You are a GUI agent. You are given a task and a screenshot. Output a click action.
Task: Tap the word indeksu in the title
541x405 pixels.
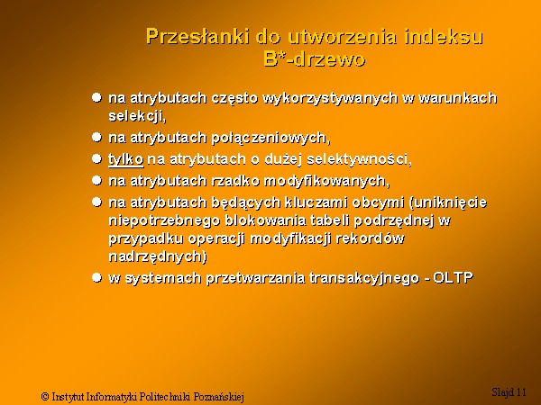444,36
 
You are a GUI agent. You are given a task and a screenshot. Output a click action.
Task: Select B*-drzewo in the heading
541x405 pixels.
315,58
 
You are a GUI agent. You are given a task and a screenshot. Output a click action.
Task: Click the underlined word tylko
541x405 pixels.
126,159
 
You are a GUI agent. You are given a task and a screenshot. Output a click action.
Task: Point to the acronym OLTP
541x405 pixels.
453,277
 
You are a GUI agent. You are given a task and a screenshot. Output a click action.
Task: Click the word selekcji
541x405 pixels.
137,116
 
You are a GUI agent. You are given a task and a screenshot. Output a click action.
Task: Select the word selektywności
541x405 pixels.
359,159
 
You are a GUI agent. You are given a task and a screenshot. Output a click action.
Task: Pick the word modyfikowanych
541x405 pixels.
327,181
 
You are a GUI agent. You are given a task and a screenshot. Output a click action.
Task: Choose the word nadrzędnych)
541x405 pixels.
158,256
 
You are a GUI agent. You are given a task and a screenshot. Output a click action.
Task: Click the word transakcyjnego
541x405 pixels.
364,277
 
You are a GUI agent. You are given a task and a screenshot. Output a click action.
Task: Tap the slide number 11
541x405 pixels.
521,391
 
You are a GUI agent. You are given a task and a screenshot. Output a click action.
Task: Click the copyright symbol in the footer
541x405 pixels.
45,396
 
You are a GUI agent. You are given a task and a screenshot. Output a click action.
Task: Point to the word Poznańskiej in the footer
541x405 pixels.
219,397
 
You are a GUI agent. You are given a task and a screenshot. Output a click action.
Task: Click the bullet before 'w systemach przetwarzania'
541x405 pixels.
97,277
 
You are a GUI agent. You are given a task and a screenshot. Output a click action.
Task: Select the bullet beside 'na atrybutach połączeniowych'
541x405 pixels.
97,138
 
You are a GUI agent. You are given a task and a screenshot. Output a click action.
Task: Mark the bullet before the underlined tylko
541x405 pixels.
97,158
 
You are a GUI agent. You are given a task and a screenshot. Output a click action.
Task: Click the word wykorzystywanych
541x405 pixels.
330,98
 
